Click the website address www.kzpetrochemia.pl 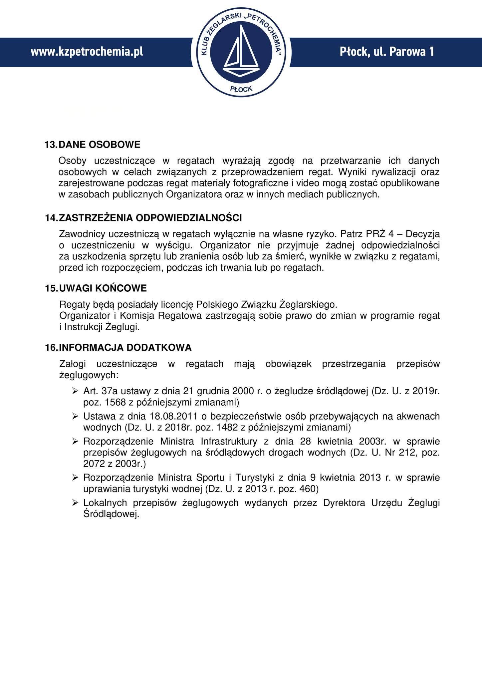[x=87, y=52]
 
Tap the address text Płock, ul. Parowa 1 [x=387, y=52]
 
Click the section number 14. [x=51, y=218]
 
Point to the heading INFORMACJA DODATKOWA [x=125, y=348]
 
